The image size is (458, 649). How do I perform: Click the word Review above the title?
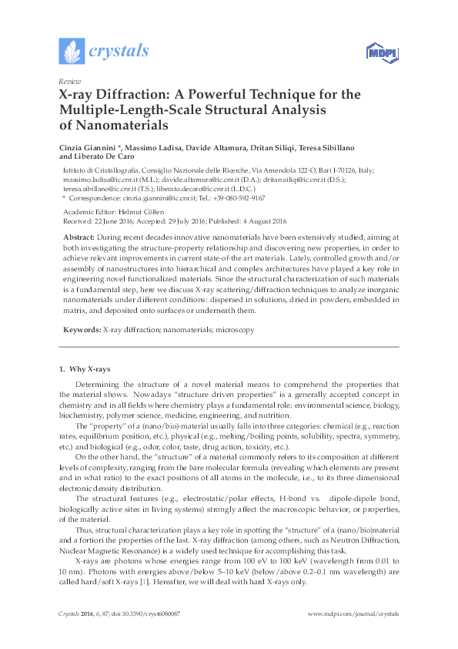[x=69, y=81]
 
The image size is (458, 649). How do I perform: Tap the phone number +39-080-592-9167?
[x=226, y=197]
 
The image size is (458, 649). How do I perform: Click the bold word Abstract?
[x=79, y=237]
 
